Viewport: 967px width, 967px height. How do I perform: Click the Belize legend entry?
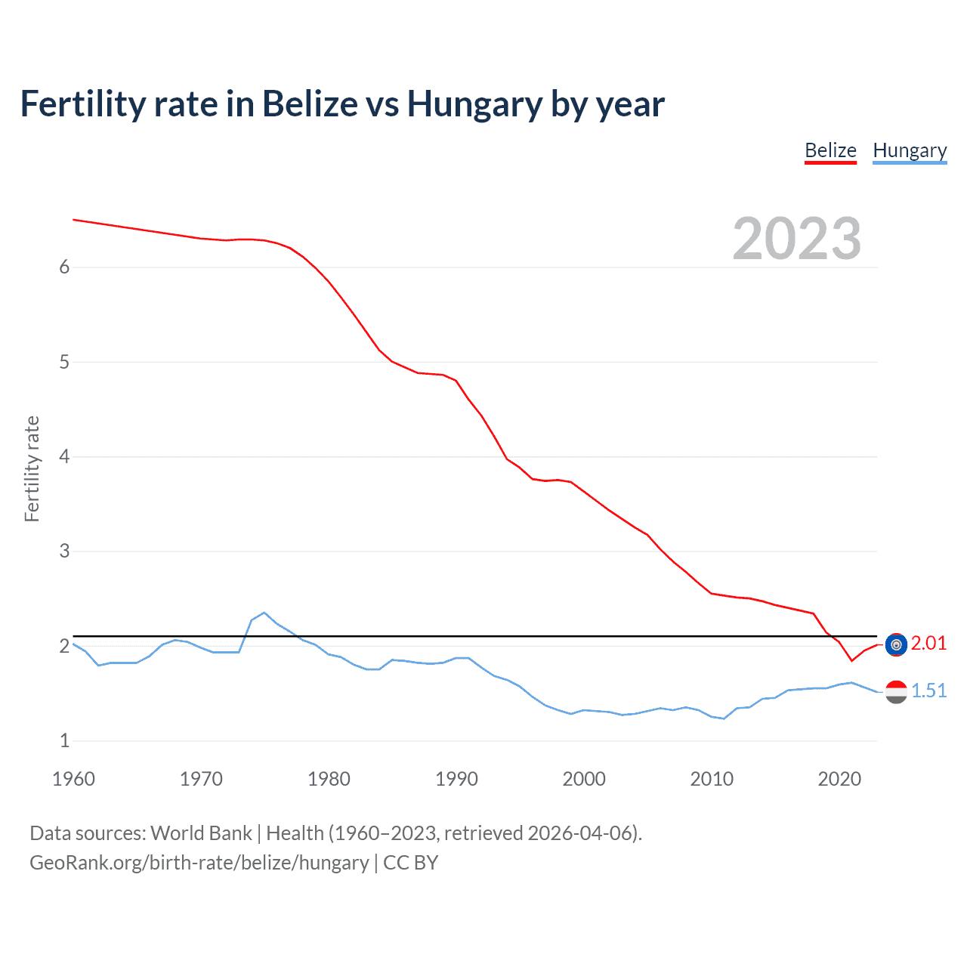(x=830, y=150)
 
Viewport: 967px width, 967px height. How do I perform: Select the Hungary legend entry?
(x=910, y=150)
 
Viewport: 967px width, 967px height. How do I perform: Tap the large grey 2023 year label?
(x=797, y=239)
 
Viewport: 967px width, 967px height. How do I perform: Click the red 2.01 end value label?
(x=928, y=643)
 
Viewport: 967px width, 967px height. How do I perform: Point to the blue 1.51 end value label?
(x=928, y=690)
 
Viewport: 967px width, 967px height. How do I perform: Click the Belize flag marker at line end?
(x=896, y=644)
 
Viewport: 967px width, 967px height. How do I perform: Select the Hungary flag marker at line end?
(x=896, y=691)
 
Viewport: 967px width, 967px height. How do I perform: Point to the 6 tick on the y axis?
(x=64, y=267)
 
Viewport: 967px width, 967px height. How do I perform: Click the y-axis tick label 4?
(x=64, y=456)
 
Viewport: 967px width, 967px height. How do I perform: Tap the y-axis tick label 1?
(x=64, y=740)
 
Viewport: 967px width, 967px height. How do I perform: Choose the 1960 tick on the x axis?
(x=73, y=779)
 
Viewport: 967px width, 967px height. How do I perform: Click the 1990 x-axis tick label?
(x=456, y=779)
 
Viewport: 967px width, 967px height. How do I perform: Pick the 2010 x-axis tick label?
(x=712, y=779)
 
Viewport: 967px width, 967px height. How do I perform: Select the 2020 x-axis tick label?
(x=839, y=779)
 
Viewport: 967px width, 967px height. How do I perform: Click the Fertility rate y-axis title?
(x=32, y=468)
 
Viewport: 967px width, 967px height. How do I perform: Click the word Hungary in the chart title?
(x=474, y=104)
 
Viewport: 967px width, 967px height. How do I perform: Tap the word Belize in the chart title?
(x=310, y=104)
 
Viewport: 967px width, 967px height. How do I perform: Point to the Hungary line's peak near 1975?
(x=264, y=613)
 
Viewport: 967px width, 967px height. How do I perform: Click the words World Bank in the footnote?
(x=201, y=833)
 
